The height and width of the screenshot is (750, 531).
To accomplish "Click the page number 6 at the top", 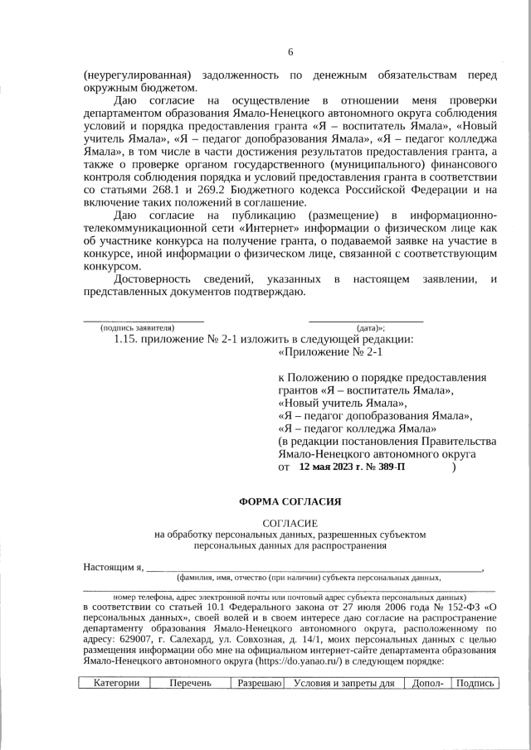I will pyautogui.click(x=290, y=52).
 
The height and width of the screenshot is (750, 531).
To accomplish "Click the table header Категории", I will pyautogui.click(x=115, y=684).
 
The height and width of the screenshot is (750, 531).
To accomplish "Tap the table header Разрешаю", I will pyautogui.click(x=261, y=684).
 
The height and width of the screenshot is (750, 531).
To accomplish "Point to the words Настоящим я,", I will pyautogui.click(x=114, y=567).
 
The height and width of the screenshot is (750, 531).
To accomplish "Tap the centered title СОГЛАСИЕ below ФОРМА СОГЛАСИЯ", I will pyautogui.click(x=290, y=524).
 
